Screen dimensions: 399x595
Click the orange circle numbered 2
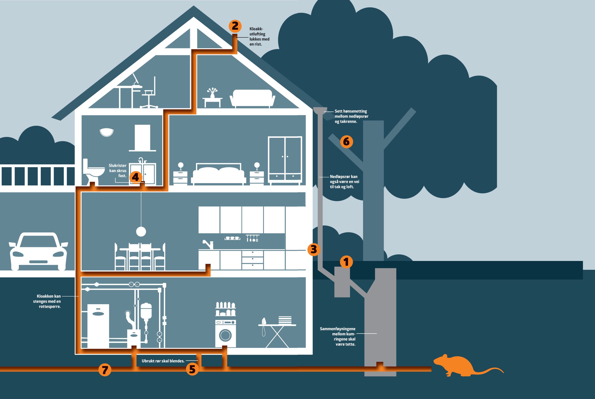click(235, 26)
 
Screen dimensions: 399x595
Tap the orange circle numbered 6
click(346, 142)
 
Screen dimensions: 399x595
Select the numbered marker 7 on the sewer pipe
click(105, 370)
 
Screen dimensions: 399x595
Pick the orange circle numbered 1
click(346, 262)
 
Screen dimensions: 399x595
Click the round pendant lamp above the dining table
click(141, 231)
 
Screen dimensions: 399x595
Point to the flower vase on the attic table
click(212, 93)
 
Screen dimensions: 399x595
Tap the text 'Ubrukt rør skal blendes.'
click(163, 361)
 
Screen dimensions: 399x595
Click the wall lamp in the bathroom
click(106, 132)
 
